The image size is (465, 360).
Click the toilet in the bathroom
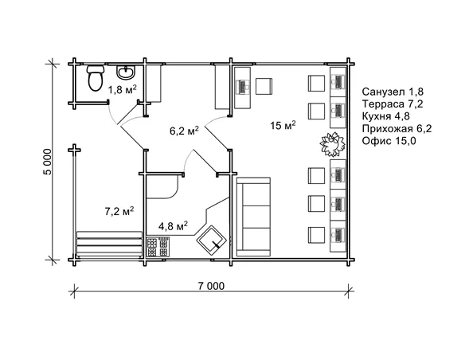click(x=96, y=78)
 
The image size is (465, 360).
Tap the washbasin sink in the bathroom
click(x=126, y=72)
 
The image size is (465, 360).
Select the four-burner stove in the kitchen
click(x=158, y=247)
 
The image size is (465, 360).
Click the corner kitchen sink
click(x=212, y=240)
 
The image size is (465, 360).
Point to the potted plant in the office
click(x=333, y=144)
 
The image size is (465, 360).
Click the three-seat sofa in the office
click(x=253, y=217)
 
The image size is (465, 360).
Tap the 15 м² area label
click(x=283, y=125)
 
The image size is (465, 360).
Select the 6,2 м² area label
click(x=184, y=131)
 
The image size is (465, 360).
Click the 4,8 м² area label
click(x=174, y=226)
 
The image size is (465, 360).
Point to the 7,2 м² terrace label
click(x=119, y=211)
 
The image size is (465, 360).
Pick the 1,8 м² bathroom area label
click(x=122, y=89)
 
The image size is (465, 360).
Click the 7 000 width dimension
click(x=211, y=286)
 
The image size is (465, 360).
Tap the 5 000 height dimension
click(x=48, y=162)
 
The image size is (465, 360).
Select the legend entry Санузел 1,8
click(x=393, y=92)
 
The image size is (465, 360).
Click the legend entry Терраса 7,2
click(x=393, y=104)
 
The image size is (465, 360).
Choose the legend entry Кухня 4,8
click(x=386, y=116)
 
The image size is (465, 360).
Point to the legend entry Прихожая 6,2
click(x=397, y=129)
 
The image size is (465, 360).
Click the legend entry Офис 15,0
click(x=389, y=140)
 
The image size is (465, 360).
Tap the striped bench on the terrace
click(x=109, y=245)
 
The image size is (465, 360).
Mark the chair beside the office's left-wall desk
click(x=264, y=86)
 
